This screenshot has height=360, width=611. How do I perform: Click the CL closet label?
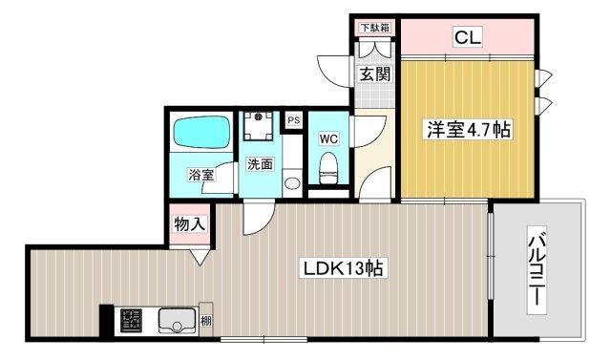click(467, 38)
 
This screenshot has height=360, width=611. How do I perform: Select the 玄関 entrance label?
click(373, 74)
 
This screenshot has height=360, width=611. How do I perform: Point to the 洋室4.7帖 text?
click(468, 130)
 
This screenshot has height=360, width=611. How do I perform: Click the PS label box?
click(293, 120)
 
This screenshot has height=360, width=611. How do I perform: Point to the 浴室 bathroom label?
click(200, 175)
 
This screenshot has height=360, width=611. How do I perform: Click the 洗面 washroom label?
click(260, 164)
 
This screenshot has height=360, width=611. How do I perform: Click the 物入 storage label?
click(188, 224)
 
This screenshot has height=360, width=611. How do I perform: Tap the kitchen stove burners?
click(129, 322)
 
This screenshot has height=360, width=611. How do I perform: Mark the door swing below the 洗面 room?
click(254, 219)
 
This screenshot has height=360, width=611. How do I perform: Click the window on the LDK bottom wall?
click(263, 338)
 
